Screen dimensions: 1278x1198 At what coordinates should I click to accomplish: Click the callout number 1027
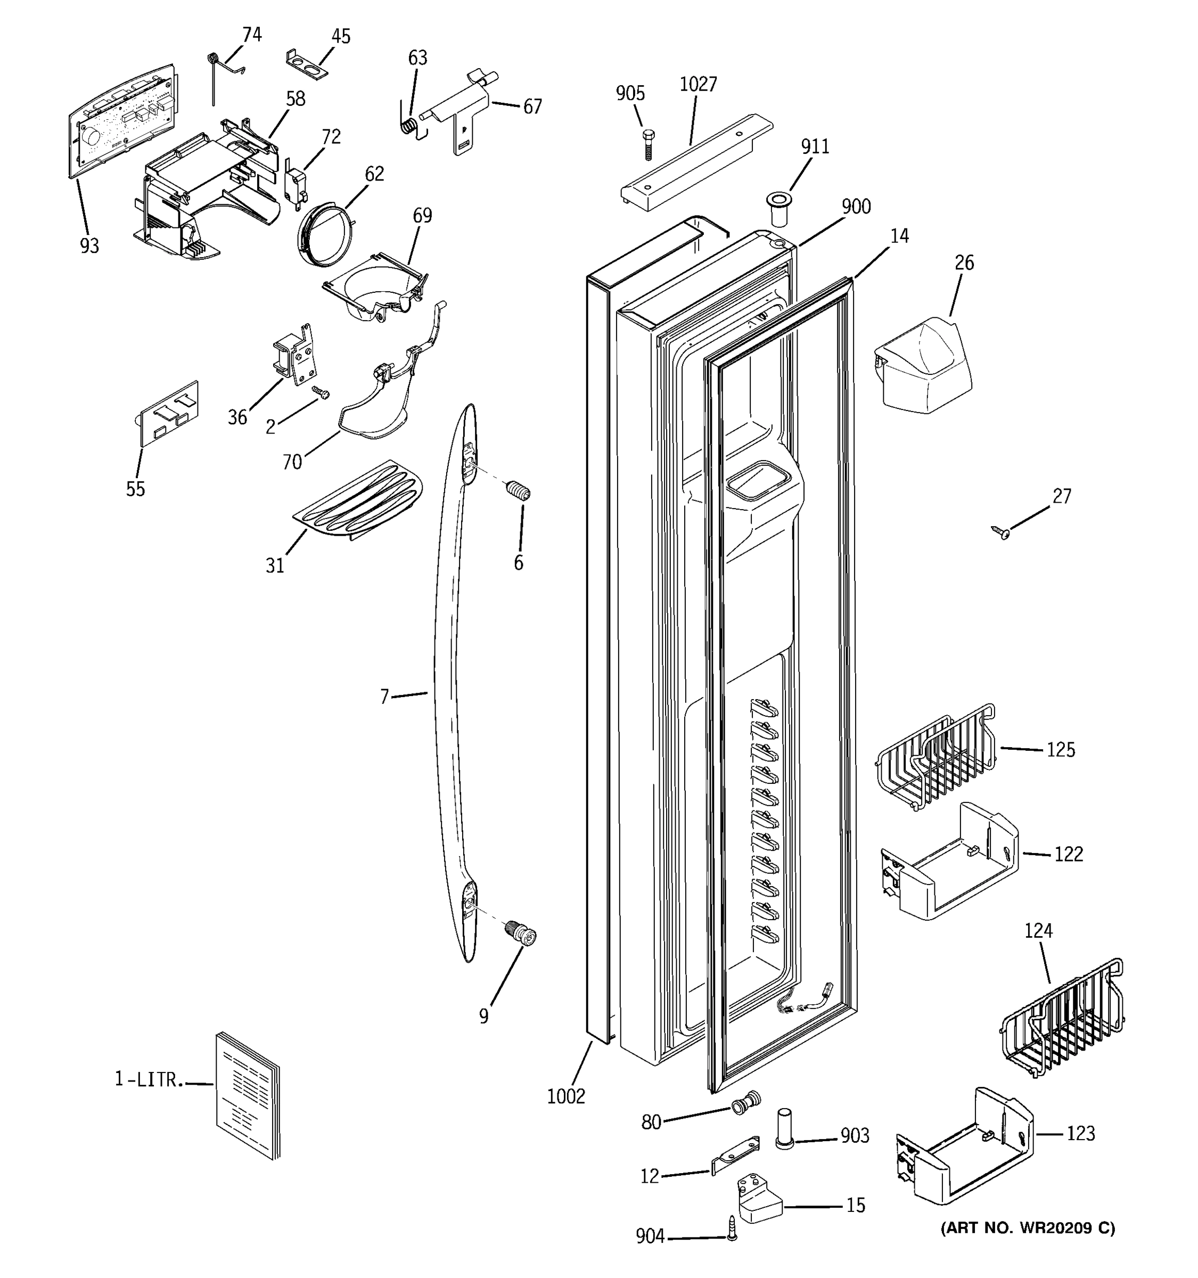698,84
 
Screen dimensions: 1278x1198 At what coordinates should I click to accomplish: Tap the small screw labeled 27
1000,531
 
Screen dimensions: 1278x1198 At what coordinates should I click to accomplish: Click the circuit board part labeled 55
169,413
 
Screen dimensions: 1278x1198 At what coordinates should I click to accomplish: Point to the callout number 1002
565,1096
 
